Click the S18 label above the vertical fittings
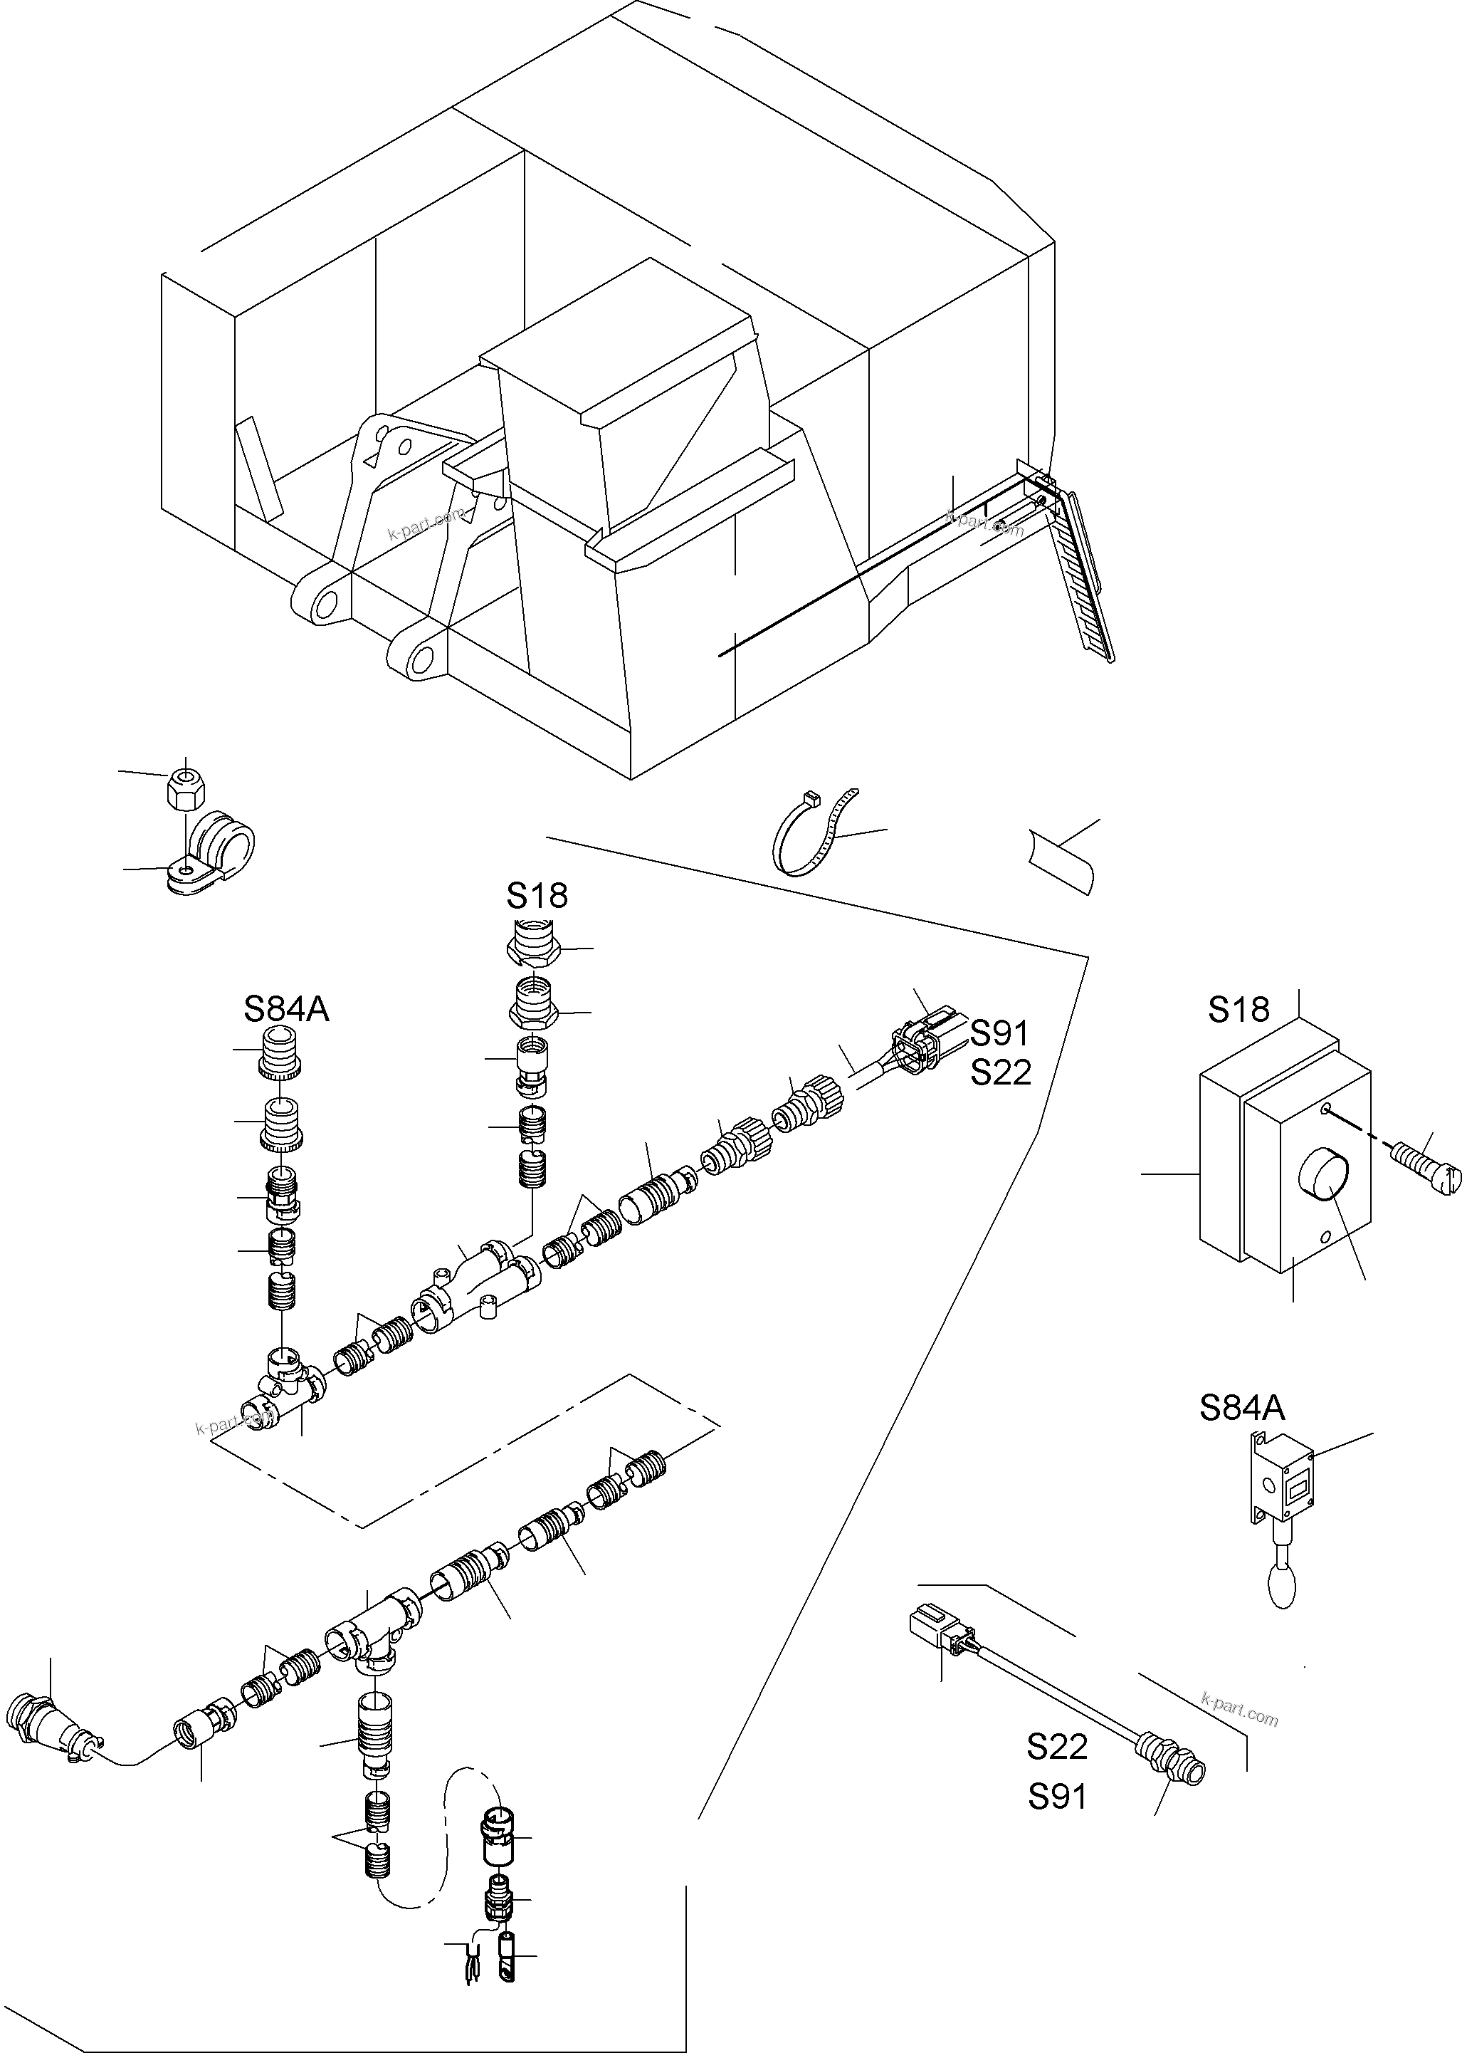pos(537,896)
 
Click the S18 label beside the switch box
pos(1239,1009)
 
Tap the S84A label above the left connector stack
pos(286,1009)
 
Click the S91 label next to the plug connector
pos(999,1033)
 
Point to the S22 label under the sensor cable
pos(1057,1747)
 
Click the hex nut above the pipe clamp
pos(186,790)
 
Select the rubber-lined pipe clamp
pos(216,851)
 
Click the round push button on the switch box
pos(1323,1176)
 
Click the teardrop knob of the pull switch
pos(1282,1587)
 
